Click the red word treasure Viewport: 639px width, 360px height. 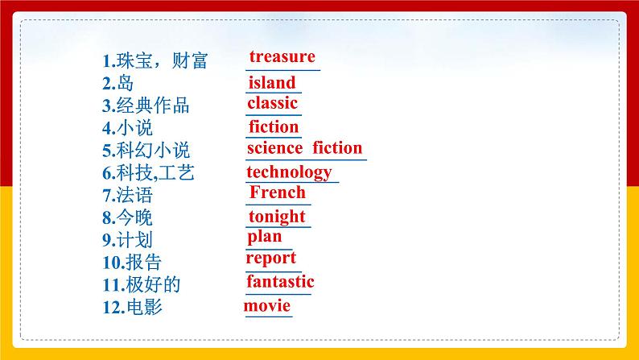click(x=282, y=56)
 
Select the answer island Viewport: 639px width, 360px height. click(x=271, y=82)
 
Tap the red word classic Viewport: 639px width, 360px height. click(x=273, y=103)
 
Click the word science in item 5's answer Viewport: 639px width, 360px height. click(x=274, y=148)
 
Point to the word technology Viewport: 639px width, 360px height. click(x=289, y=172)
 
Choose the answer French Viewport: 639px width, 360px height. click(x=278, y=192)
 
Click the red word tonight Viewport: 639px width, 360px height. click(x=277, y=217)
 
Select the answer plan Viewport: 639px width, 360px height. click(x=265, y=237)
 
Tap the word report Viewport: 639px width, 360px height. click(x=271, y=259)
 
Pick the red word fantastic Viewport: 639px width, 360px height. click(x=280, y=282)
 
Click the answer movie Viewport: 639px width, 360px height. click(x=267, y=306)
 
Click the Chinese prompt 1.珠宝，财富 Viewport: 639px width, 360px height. click(x=155, y=61)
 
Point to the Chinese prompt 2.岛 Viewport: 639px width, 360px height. click(x=117, y=83)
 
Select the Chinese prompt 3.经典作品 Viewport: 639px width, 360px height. click(x=146, y=106)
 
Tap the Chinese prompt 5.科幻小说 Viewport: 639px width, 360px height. click(x=146, y=151)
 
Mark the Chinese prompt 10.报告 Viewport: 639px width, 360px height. click(x=132, y=263)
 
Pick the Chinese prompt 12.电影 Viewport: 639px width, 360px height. click(x=132, y=308)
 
